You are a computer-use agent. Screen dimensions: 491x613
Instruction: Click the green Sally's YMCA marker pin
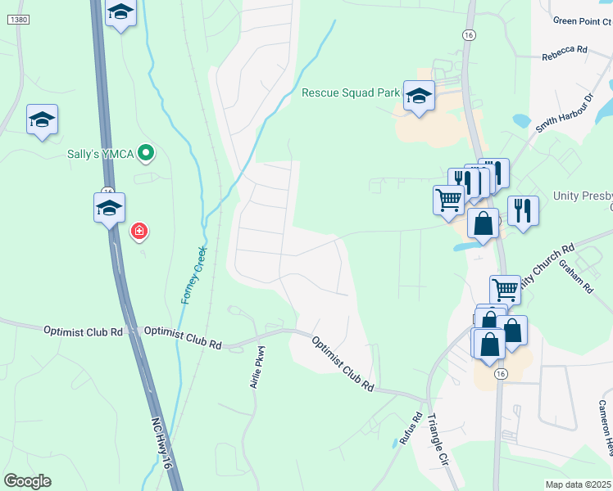click(146, 152)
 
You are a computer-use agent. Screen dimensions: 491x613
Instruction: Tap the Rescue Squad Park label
click(350, 92)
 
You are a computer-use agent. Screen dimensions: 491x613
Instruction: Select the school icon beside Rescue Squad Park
click(419, 97)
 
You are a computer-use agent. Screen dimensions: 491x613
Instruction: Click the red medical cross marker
click(139, 231)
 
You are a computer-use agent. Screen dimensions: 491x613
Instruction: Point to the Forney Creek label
click(195, 275)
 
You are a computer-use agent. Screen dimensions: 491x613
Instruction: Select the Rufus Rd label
click(411, 429)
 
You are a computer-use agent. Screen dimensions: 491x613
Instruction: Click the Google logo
click(27, 481)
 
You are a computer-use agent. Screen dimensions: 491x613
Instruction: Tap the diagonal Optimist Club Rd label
click(343, 361)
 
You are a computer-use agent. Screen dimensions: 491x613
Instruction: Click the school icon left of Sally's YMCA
click(42, 119)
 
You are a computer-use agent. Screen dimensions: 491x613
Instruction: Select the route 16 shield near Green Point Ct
click(468, 35)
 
